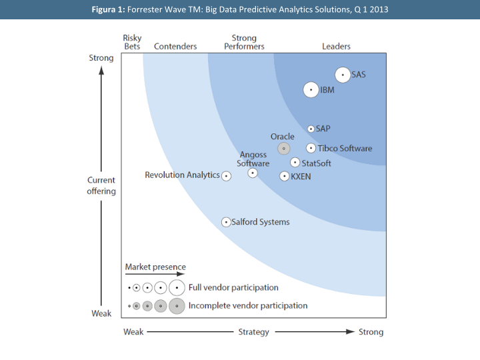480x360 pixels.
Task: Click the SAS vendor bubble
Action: click(x=343, y=75)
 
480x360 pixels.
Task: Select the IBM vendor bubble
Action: click(x=311, y=89)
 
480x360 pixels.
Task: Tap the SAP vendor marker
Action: click(x=311, y=129)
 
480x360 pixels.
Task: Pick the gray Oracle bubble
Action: click(x=284, y=149)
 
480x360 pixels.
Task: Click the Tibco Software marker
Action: click(x=311, y=148)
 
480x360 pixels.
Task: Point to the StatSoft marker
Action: click(x=295, y=162)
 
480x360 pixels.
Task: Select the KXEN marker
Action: click(x=285, y=177)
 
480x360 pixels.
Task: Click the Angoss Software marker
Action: click(x=253, y=173)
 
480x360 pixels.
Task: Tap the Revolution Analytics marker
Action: click(x=226, y=176)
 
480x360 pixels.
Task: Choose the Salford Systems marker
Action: click(x=226, y=222)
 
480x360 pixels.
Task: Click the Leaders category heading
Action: click(x=336, y=47)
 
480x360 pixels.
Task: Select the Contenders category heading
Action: click(x=175, y=47)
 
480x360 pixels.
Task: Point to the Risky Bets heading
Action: click(x=132, y=42)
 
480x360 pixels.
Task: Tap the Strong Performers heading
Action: click(x=244, y=42)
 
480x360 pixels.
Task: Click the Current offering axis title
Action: click(x=101, y=185)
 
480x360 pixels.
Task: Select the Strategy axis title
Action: click(x=253, y=332)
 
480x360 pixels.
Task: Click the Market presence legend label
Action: click(x=155, y=267)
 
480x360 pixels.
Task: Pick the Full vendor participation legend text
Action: click(x=233, y=288)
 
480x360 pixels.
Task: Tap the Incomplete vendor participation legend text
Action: click(x=248, y=306)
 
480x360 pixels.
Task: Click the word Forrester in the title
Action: click(x=146, y=9)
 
